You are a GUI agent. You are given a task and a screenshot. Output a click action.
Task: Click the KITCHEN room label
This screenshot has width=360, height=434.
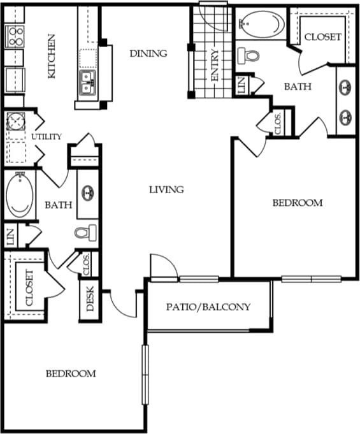tap(53, 56)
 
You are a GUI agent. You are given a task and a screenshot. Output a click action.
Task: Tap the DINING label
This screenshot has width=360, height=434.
tap(148, 54)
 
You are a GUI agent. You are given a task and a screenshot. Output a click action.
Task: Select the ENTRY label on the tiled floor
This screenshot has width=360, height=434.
tap(215, 66)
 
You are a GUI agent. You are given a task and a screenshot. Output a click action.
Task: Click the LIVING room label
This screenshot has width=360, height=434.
tap(166, 189)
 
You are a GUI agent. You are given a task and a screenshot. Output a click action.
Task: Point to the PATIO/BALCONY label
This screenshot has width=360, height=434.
tap(208, 307)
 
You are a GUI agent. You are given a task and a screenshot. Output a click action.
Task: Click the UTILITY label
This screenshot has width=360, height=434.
tap(47, 136)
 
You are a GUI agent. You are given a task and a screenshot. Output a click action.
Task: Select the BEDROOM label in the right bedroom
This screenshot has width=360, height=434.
tap(298, 203)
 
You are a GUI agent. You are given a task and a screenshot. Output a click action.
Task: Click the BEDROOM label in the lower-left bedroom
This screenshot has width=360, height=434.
tap(71, 373)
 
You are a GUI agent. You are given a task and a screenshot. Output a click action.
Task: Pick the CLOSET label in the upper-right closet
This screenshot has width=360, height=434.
tap(322, 37)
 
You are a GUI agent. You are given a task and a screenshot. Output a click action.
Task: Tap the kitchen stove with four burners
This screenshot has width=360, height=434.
tap(15, 36)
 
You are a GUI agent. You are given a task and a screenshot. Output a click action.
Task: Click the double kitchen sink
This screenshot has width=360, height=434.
tap(89, 82)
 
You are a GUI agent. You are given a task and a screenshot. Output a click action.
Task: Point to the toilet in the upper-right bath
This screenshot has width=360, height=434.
tap(251, 54)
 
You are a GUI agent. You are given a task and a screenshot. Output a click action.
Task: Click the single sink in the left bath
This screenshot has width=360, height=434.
tap(89, 191)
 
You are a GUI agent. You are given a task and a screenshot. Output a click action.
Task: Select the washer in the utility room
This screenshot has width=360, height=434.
tap(14, 121)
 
